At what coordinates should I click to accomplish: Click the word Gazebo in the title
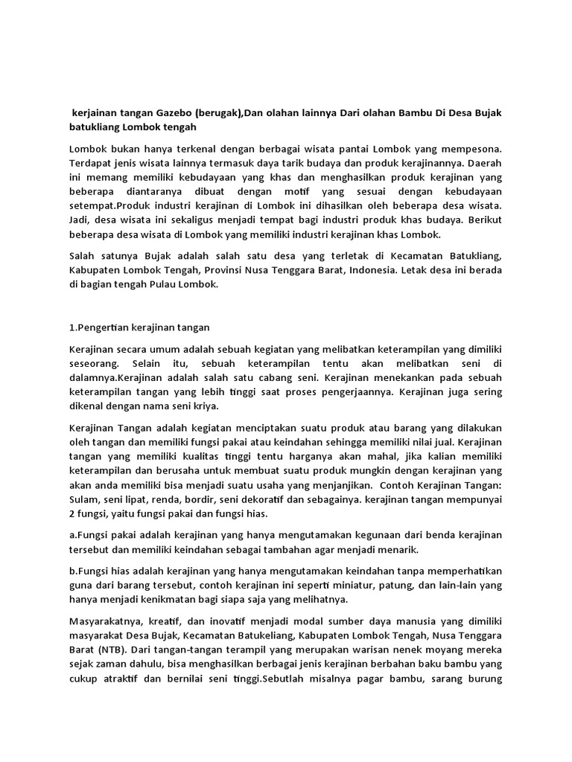click(x=174, y=112)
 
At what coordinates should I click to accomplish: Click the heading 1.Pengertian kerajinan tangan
click(x=139, y=327)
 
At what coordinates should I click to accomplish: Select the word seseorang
click(x=96, y=362)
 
